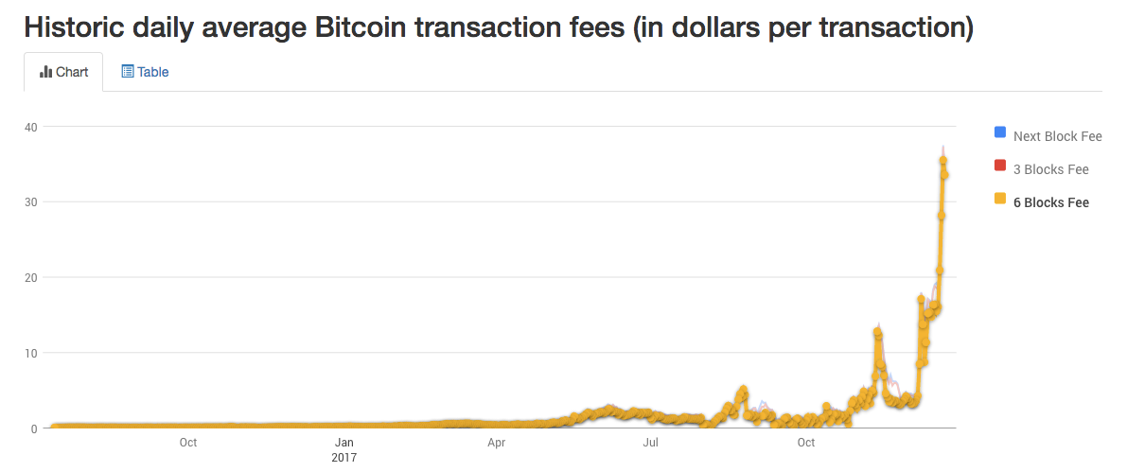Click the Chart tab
64,72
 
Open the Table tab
145,72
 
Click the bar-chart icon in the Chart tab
45,72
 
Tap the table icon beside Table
128,72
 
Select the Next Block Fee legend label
1057,136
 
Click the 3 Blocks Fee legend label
1050,169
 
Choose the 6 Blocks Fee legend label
1050,202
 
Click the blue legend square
999,132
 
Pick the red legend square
999,166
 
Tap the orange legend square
999,200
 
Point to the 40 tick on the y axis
31,127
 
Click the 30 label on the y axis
31,202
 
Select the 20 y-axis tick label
31,278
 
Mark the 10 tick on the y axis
31,354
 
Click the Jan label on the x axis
343,442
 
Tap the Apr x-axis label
496,442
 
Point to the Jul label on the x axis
650,442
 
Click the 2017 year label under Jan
343,457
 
